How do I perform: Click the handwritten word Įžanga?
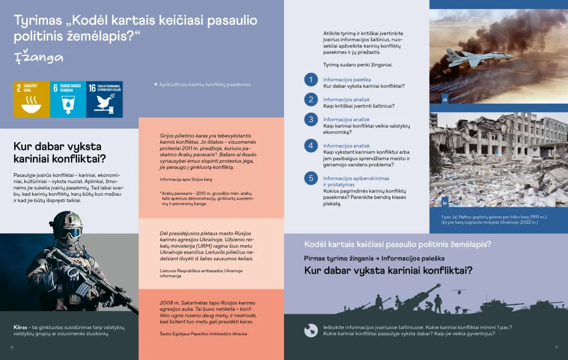pyautogui.click(x=38, y=57)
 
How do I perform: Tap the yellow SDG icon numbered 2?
pyautogui.click(x=32, y=99)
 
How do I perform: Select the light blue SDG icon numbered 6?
pyautogui.click(x=68, y=99)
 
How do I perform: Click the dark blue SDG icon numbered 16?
pyautogui.click(x=104, y=99)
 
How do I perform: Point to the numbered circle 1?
pyautogui.click(x=311, y=79)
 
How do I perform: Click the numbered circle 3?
pyautogui.click(x=311, y=119)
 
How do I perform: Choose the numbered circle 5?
pyautogui.click(x=311, y=178)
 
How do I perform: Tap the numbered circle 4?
pyautogui.click(x=311, y=145)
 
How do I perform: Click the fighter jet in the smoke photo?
pyautogui.click(x=466, y=56)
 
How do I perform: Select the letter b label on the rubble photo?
pyautogui.click(x=445, y=202)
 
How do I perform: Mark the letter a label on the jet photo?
pyautogui.click(x=445, y=98)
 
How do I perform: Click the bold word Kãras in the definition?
pyautogui.click(x=20, y=327)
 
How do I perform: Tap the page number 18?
pyautogui.click(x=12, y=347)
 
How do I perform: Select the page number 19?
pyautogui.click(x=556, y=347)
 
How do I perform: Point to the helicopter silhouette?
pyautogui.click(x=459, y=291)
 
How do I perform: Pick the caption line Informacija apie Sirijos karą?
pyautogui.click(x=189, y=179)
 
